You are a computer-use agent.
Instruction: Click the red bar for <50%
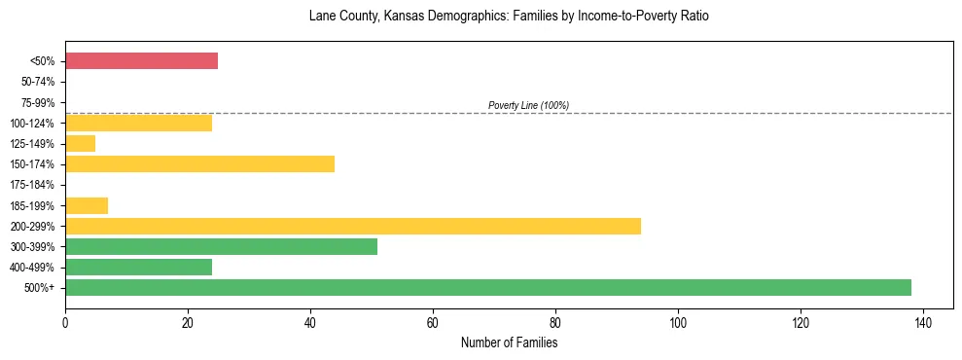point(141,61)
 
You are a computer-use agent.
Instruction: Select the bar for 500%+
point(487,287)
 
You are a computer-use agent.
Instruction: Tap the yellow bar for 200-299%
point(352,226)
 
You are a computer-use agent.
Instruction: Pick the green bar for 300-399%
point(221,246)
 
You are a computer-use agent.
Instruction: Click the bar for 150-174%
point(199,164)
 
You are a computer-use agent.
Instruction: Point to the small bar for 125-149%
point(80,144)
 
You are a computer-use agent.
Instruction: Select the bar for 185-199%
point(87,205)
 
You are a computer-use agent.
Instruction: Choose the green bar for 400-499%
point(138,267)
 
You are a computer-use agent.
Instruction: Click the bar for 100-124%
point(138,124)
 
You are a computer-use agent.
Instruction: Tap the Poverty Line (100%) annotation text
point(528,105)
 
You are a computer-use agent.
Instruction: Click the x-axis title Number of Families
point(509,342)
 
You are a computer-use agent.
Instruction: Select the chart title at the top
point(509,17)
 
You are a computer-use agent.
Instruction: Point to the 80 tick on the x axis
point(555,322)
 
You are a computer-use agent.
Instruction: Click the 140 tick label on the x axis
point(922,322)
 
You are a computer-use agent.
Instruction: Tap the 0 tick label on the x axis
point(65,322)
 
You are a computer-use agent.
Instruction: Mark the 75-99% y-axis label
point(36,103)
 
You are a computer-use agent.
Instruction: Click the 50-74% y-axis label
point(36,83)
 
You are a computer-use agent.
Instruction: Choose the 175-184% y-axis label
point(33,185)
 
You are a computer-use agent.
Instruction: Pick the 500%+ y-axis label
point(41,288)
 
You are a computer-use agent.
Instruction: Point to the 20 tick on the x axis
point(188,322)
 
